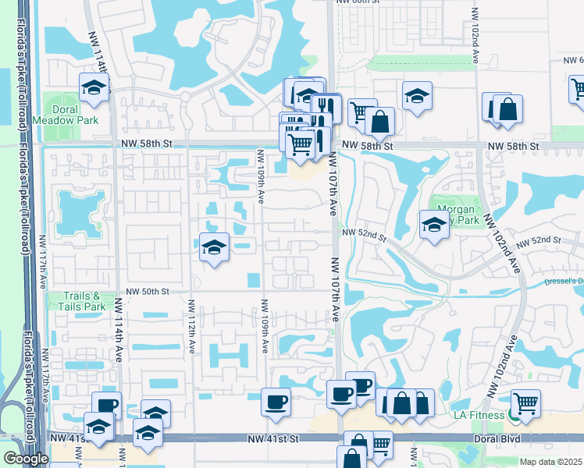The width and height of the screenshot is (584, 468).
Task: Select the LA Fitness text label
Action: pyautogui.click(x=483, y=413)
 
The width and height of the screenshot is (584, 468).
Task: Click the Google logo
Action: pyautogui.click(x=26, y=459)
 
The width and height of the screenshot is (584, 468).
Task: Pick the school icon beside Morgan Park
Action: pyautogui.click(x=434, y=225)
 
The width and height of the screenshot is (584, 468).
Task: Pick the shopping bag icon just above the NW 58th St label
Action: pyautogui.click(x=380, y=121)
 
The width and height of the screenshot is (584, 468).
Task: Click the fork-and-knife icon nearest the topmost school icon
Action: pyautogui.click(x=325, y=105)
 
